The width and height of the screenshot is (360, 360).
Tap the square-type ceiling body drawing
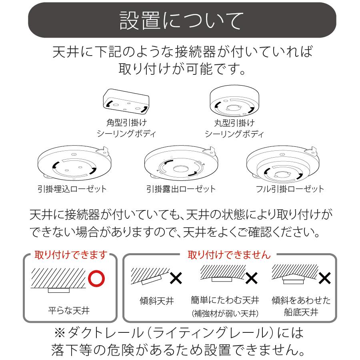pos(126,101)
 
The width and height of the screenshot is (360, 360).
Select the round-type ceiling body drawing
pos(234,101)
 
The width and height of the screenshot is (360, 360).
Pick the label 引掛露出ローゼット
pos(181,189)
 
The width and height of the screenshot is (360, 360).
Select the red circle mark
pos(96,279)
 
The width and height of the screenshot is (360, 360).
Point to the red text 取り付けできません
pos(229,254)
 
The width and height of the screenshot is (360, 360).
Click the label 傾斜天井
pos(157,301)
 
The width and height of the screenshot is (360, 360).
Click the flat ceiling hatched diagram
pos(59,279)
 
